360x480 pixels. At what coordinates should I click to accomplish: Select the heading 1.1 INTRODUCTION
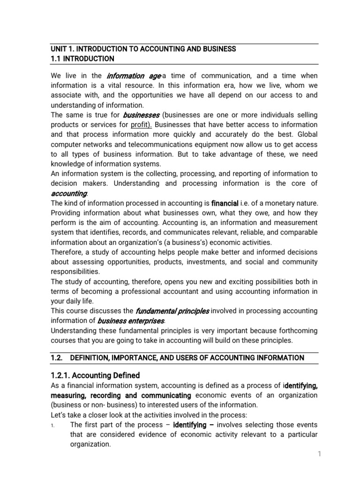pos(82,59)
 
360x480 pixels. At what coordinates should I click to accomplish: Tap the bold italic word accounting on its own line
pos(68,194)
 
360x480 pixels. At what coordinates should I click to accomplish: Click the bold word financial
pos(225,203)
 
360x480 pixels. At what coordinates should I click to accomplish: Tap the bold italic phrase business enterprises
pos(131,321)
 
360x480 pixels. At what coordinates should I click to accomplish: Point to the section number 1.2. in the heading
pos(57,358)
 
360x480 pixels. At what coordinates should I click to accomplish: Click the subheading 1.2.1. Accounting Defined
pos(95,375)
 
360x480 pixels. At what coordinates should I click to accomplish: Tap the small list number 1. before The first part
pos(54,425)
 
